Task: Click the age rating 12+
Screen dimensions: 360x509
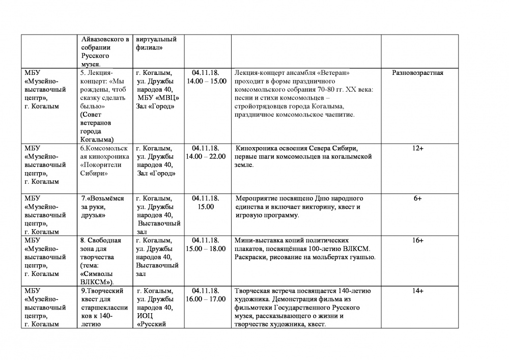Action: coord(417,148)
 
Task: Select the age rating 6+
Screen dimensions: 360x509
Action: coord(417,199)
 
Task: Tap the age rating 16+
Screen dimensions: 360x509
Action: coord(417,240)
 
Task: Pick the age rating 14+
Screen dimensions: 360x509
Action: coord(417,291)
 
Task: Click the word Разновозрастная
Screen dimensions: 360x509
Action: coord(417,73)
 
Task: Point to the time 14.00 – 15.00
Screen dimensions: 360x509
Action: coord(206,81)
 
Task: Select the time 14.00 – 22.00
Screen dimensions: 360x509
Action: coord(206,156)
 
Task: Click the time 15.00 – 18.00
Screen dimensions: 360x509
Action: coord(206,248)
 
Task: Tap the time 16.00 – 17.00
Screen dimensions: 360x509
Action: coord(206,299)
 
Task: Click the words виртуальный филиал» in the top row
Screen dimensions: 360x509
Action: coord(156,43)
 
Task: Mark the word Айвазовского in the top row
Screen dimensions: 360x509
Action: coord(105,39)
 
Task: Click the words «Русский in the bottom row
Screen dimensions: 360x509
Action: coord(152,324)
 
